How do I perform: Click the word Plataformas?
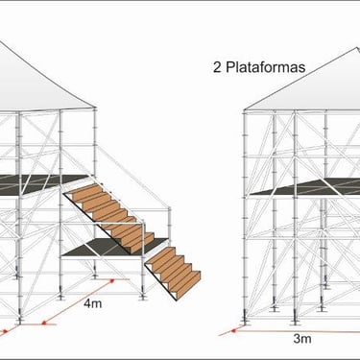pos(265,67)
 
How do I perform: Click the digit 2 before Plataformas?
pos(217,67)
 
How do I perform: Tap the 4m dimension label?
pos(93,302)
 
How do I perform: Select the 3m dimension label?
pos(302,339)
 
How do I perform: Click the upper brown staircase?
pos(108,218)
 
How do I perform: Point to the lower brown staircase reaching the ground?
pos(173,272)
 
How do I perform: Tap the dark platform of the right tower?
pos(307,187)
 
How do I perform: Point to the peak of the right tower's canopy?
pos(356,48)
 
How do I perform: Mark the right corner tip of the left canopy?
pos(96,108)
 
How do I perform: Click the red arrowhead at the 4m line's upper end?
pos(111,281)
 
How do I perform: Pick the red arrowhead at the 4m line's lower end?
pos(45,323)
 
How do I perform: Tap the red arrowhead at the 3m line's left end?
pos(234,330)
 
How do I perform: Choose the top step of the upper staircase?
pos(84,190)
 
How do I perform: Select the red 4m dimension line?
pos(79,301)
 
